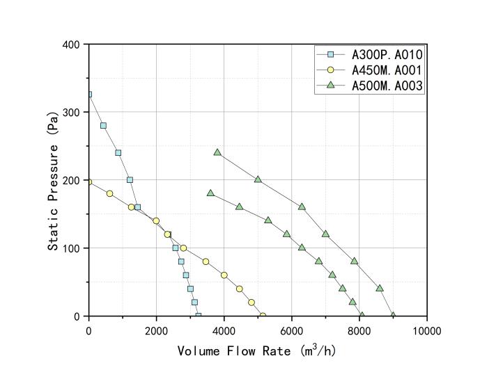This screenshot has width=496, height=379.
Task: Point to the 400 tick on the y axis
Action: [75, 45]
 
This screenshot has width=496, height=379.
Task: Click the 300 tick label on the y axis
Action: [75, 112]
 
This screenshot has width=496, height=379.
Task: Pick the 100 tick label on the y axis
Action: [75, 248]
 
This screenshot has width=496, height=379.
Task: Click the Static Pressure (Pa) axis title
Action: [53, 179]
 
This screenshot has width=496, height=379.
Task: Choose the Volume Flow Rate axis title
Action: [257, 350]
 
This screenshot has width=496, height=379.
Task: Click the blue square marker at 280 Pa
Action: [103, 126]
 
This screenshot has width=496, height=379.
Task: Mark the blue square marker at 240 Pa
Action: [118, 153]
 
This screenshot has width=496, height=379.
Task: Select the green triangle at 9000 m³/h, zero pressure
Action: [393, 315]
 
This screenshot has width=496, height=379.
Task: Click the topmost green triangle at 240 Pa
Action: [217, 152]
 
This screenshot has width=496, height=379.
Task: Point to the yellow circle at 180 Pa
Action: [109, 193]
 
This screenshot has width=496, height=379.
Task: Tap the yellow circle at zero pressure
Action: [263, 316]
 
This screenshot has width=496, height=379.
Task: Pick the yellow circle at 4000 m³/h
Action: [224, 275]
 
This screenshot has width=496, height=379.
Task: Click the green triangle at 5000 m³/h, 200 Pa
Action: [258, 179]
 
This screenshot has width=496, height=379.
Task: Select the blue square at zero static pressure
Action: [198, 316]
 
